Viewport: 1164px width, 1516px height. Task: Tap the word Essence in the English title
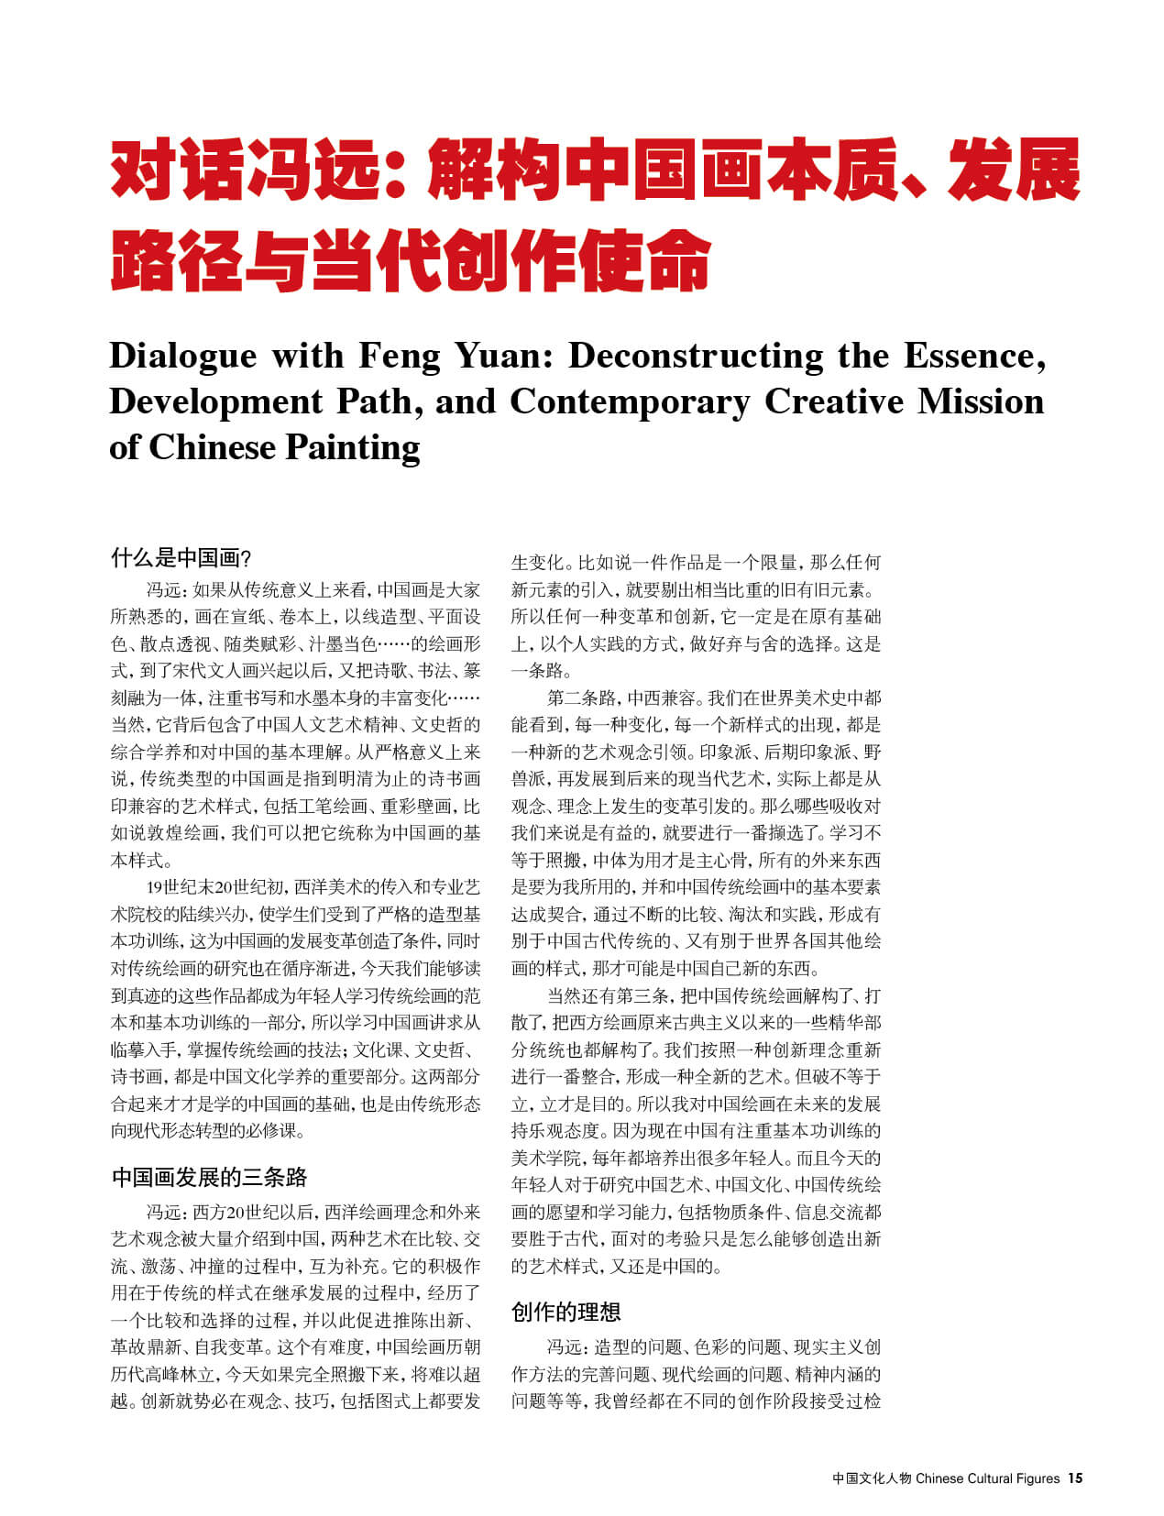973,356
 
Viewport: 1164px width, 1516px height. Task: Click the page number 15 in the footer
1075,1478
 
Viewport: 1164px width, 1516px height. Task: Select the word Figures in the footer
1038,1478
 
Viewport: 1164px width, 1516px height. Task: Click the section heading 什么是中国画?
181,557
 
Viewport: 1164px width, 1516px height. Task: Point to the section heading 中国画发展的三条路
209,1177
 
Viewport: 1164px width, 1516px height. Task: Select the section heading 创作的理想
566,1312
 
